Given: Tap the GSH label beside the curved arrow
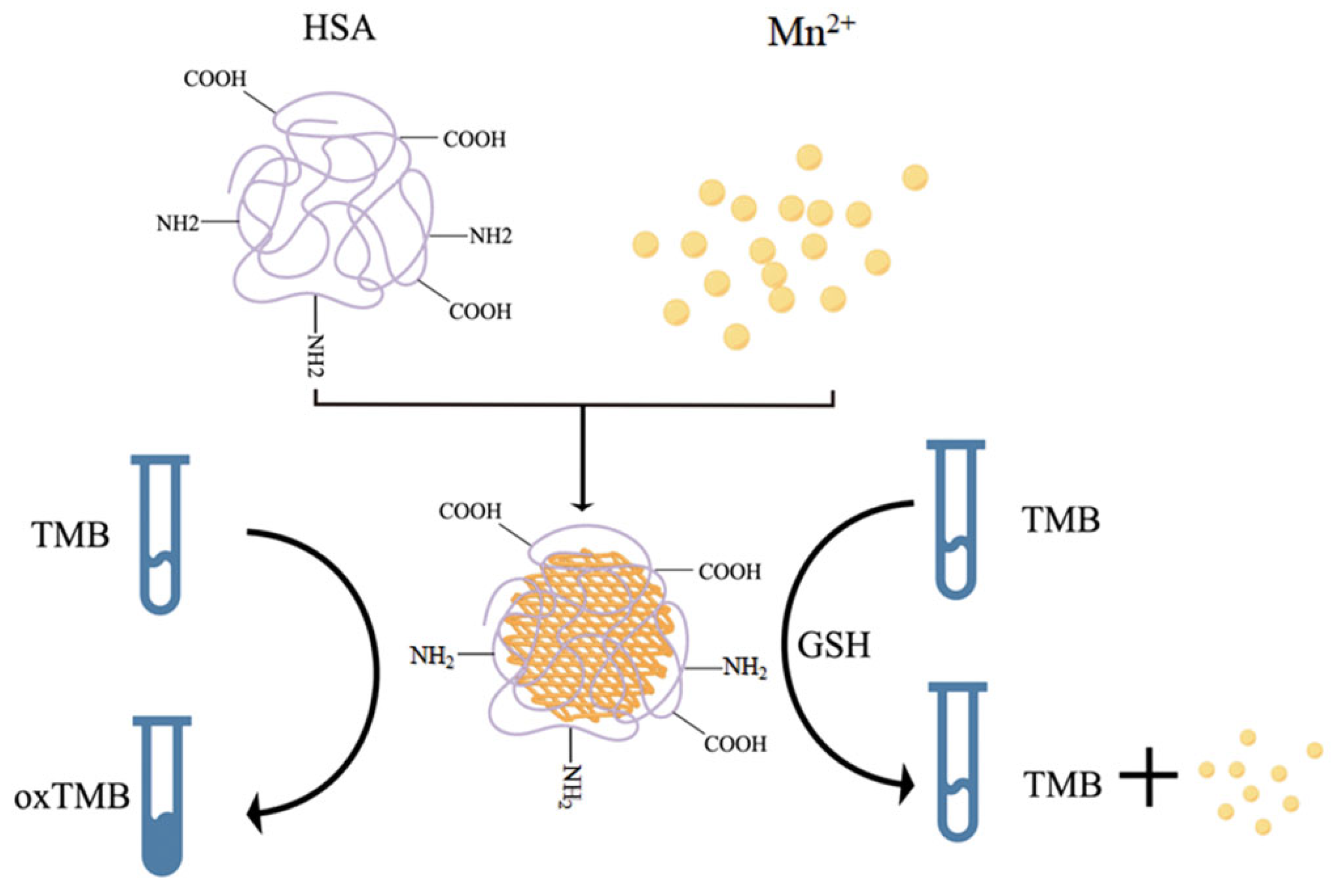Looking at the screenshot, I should point(833,646).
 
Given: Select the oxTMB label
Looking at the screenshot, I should point(73,797).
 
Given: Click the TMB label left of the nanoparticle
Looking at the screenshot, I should point(71,536).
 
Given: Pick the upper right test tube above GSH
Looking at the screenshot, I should point(955,520).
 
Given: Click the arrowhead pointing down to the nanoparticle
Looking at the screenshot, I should point(583,504).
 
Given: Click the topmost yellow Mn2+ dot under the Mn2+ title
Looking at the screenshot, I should point(809,157).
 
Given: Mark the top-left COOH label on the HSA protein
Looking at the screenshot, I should point(215,79).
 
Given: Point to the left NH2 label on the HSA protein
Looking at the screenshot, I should point(178,224).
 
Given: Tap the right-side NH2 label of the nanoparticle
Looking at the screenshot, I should point(745,667).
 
